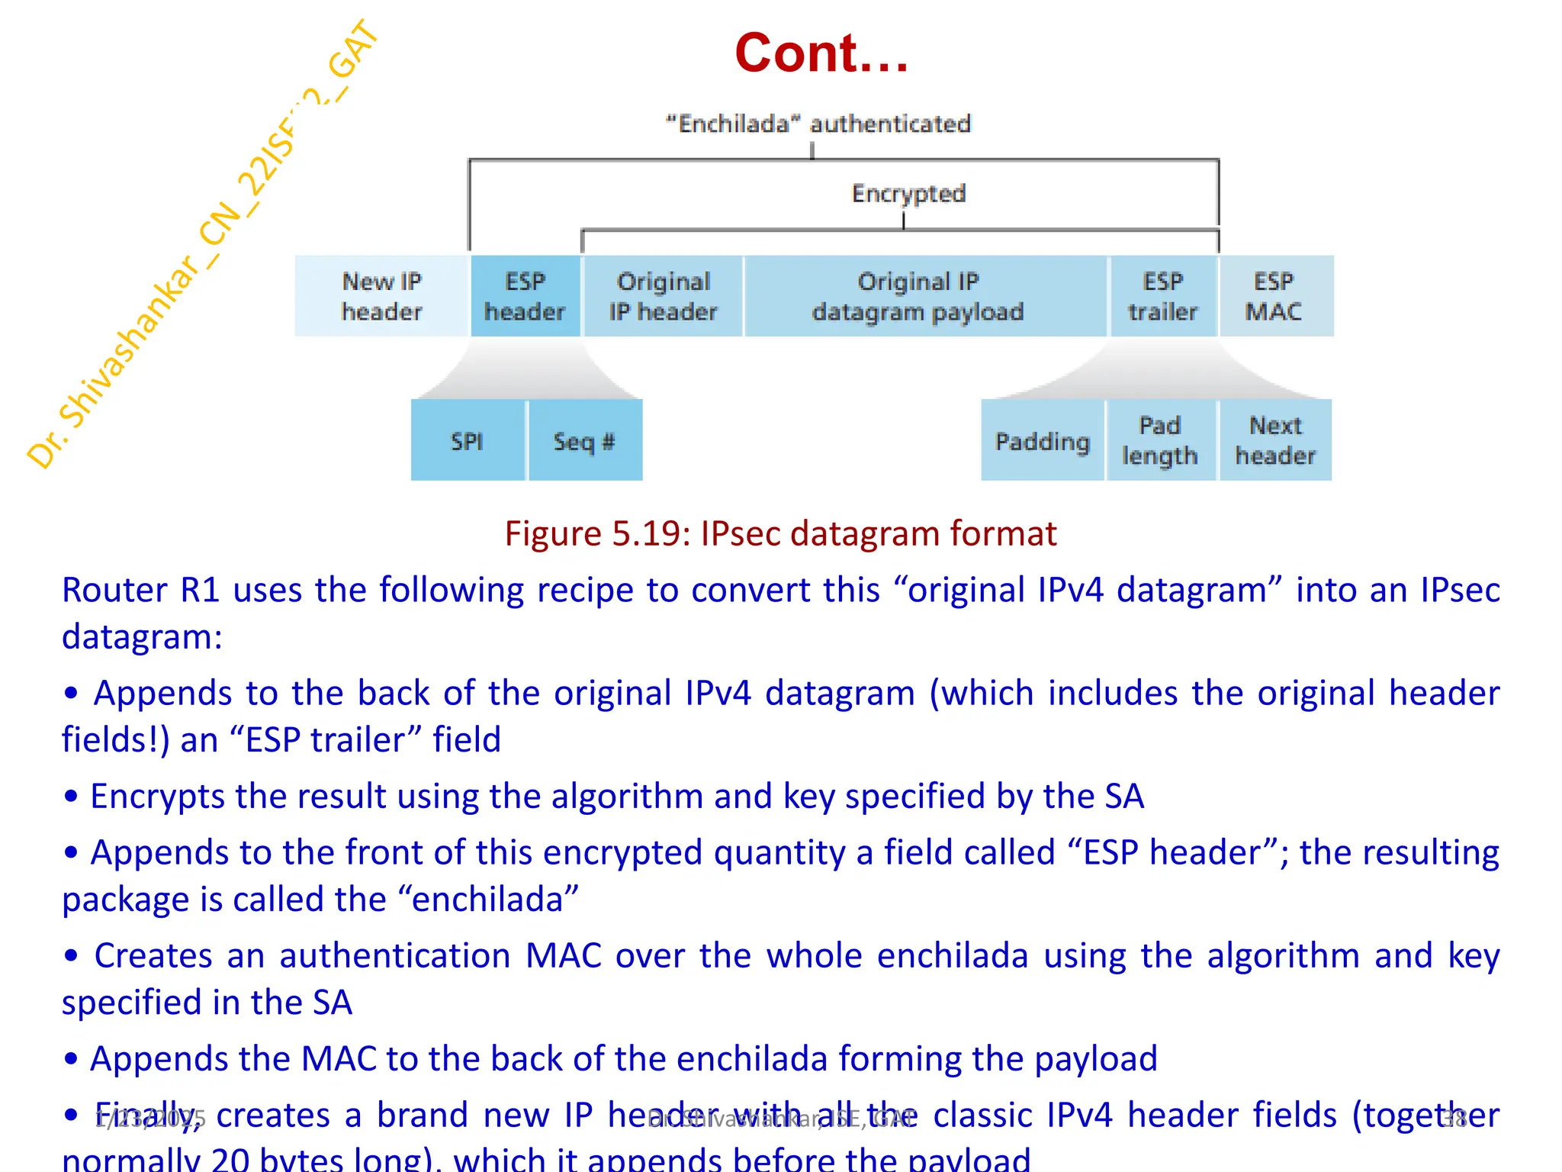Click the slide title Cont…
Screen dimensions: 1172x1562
coord(821,53)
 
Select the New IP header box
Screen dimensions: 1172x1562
coord(381,296)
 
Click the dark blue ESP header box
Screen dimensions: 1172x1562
coord(525,296)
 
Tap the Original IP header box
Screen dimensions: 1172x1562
coord(663,296)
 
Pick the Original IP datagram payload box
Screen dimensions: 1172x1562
coord(918,296)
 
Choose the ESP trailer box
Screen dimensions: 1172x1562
coord(1162,296)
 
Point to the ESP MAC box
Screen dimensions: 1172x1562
coord(1274,296)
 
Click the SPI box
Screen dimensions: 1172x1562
coord(467,440)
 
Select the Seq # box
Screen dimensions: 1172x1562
coord(584,440)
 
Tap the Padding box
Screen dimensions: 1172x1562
coord(1042,440)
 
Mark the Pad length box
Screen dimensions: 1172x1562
coord(1159,440)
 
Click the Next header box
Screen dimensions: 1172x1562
coord(1275,440)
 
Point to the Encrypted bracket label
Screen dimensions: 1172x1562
coord(908,193)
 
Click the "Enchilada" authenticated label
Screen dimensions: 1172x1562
coord(818,124)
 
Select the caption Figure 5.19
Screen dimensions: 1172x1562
coord(780,533)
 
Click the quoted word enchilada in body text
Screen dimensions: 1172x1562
coord(494,899)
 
